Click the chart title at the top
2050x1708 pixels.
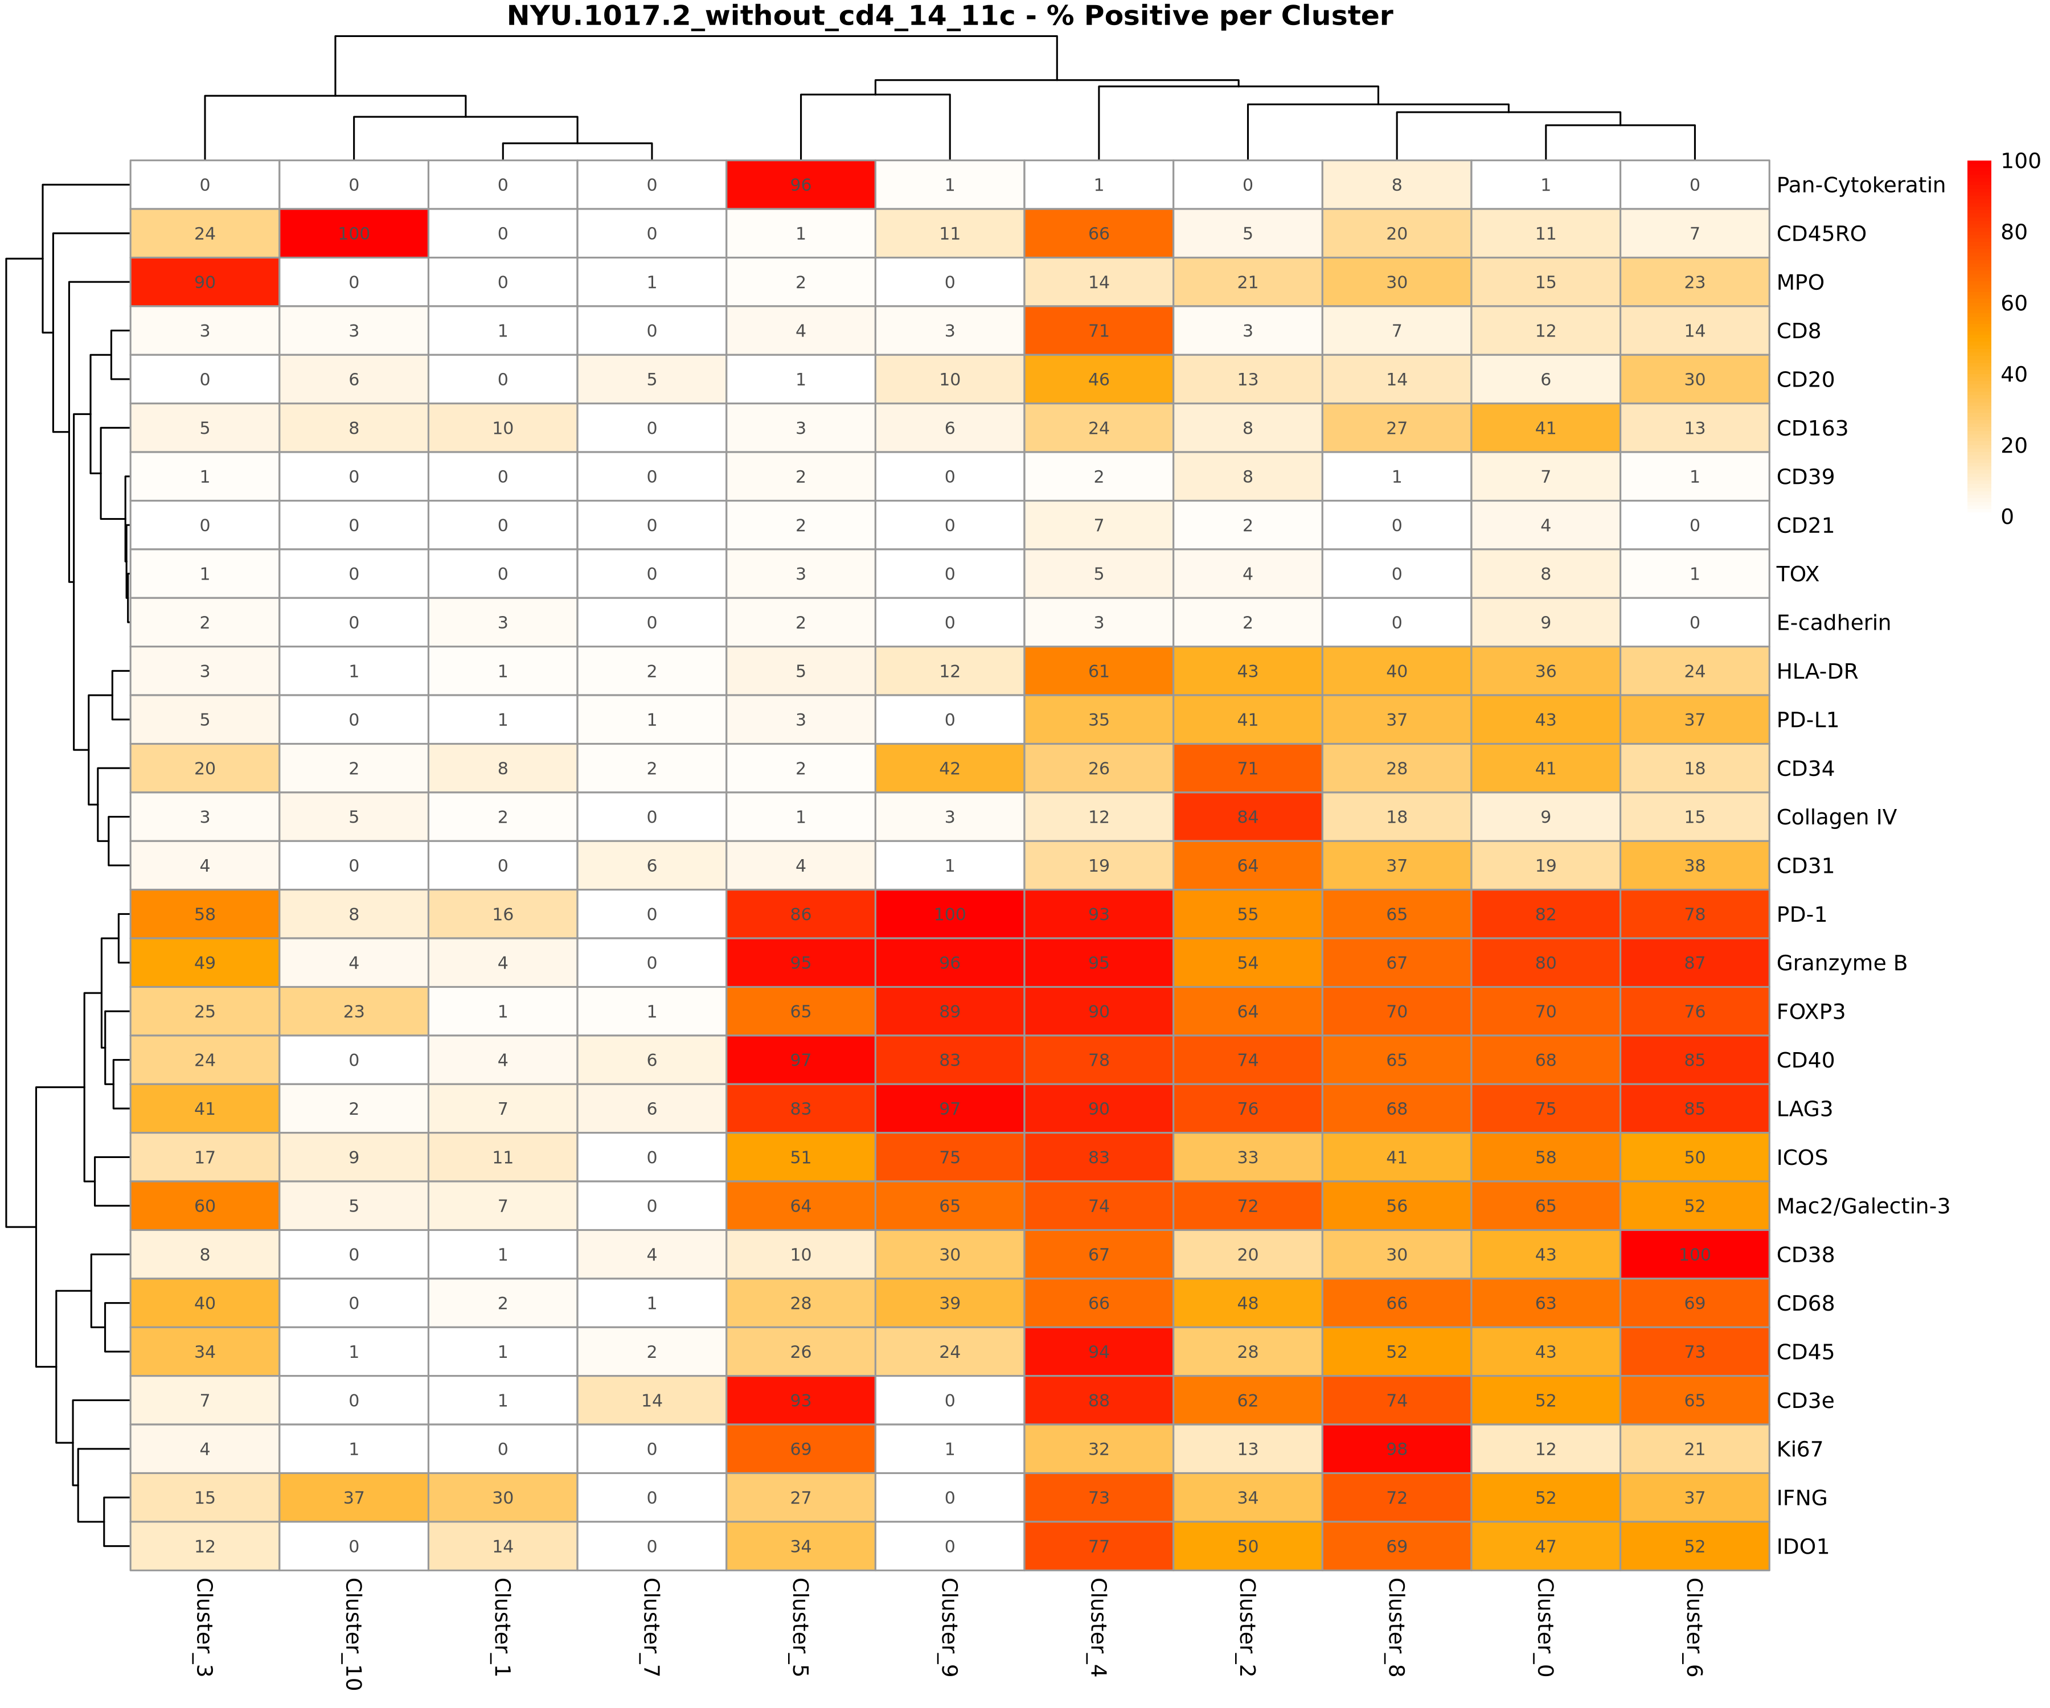(949, 17)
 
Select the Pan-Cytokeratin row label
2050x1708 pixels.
(1860, 186)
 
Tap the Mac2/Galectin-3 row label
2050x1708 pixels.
(1862, 1206)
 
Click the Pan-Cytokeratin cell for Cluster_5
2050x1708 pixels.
(801, 186)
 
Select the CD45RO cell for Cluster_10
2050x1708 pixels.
(354, 234)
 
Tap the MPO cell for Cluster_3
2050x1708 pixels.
(205, 283)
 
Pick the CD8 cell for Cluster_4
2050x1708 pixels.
(1098, 331)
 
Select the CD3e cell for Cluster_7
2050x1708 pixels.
(651, 1401)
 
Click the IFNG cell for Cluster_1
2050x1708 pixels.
(503, 1498)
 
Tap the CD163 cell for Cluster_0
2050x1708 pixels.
(1545, 429)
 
